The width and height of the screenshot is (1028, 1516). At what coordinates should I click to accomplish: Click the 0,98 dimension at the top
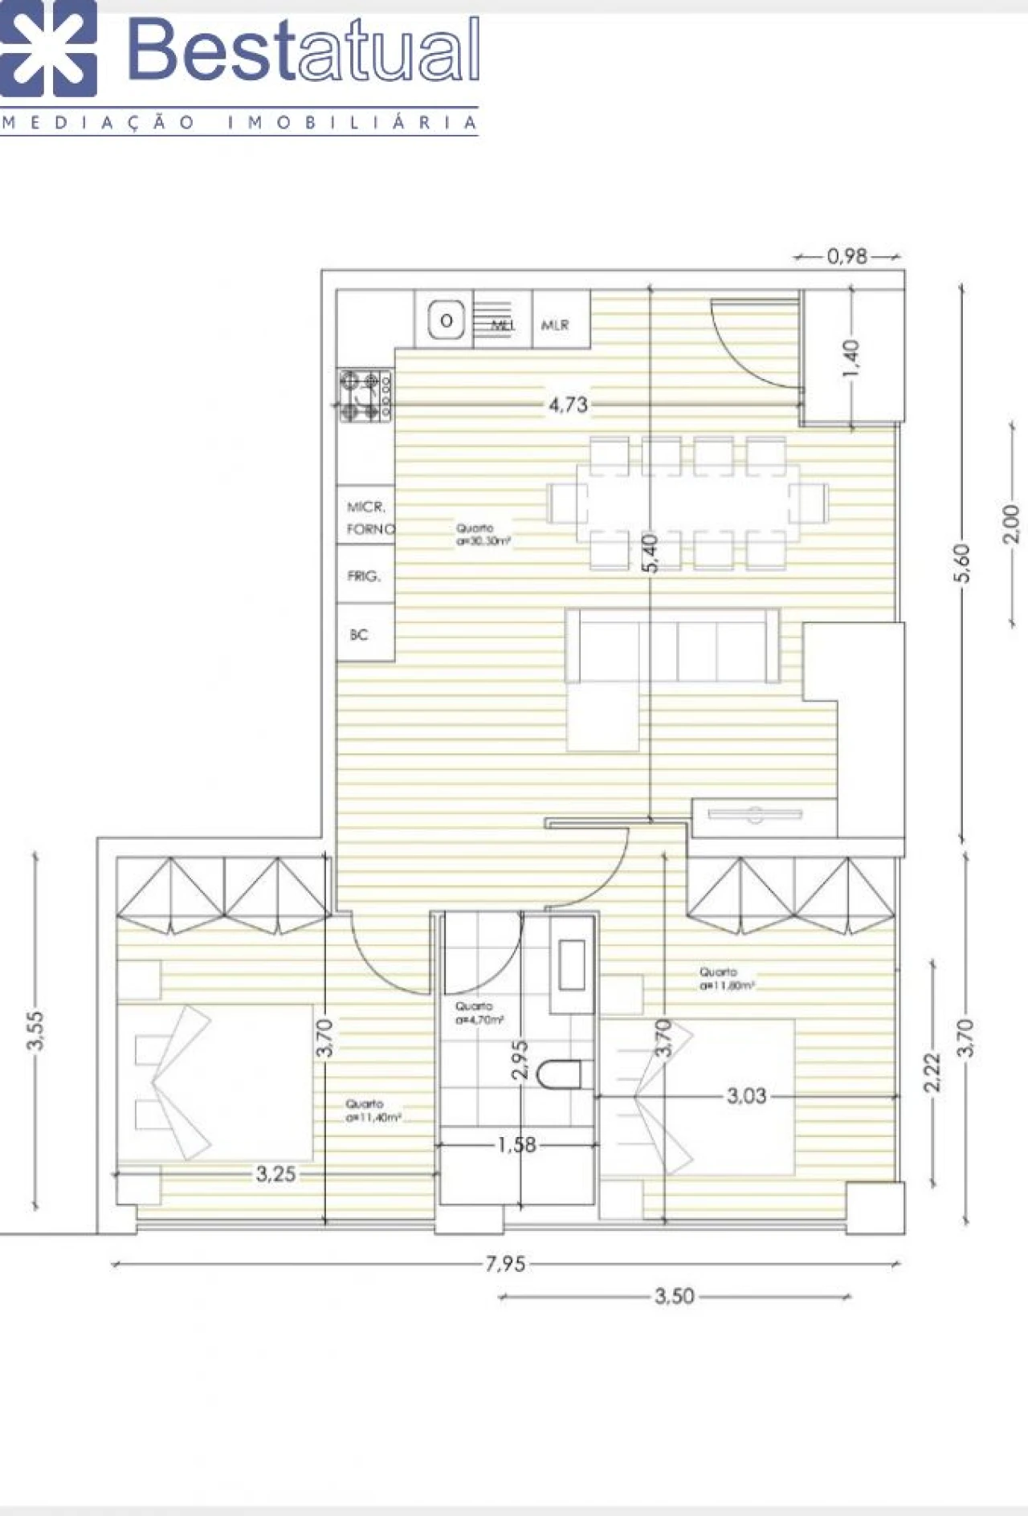(847, 256)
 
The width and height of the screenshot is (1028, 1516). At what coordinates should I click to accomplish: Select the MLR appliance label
(555, 325)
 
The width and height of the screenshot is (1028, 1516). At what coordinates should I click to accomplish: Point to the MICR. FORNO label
(369, 519)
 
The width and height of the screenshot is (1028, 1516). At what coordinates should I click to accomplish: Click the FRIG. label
(363, 576)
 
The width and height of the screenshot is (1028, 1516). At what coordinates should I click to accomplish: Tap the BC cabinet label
(359, 634)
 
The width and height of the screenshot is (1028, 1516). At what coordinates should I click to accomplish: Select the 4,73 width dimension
(568, 405)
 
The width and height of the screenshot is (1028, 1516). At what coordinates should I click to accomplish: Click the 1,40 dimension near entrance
(852, 358)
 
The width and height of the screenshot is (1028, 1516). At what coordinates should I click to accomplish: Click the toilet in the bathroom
(560, 1074)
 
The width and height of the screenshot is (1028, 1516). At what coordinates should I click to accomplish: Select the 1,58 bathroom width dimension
(516, 1145)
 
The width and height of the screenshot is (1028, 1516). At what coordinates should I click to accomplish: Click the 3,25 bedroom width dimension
(275, 1174)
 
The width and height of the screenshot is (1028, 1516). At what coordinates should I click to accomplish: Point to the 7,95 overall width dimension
(505, 1265)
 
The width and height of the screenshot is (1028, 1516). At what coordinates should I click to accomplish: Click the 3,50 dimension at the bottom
(674, 1296)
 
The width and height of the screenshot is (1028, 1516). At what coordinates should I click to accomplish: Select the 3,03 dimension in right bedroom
(746, 1095)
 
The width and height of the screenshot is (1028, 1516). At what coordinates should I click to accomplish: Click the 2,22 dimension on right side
(932, 1073)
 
